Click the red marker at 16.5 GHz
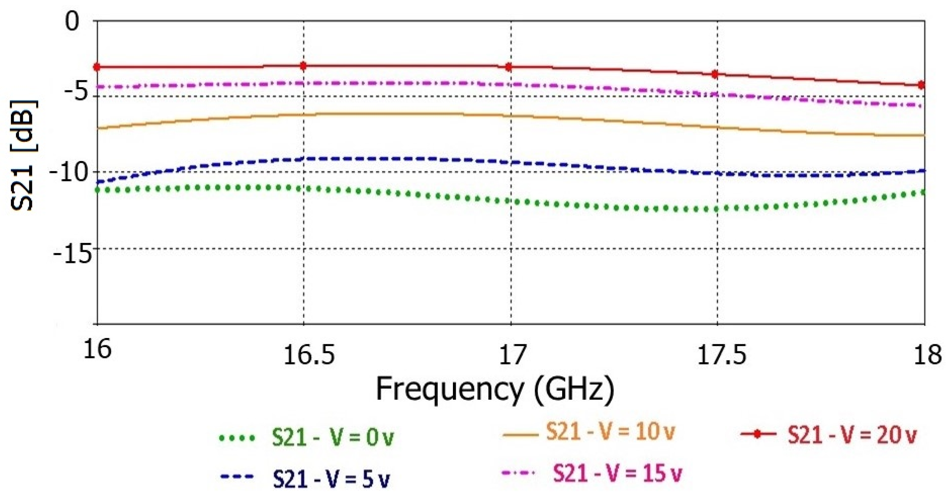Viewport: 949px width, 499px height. [x=303, y=66]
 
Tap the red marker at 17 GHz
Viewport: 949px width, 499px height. [x=509, y=67]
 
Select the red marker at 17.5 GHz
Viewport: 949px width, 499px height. [x=715, y=74]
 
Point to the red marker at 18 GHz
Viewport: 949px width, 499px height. [x=921, y=85]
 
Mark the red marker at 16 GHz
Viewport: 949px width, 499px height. [x=97, y=67]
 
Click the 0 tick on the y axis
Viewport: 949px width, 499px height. [x=72, y=21]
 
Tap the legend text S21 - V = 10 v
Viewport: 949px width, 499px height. [x=610, y=432]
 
